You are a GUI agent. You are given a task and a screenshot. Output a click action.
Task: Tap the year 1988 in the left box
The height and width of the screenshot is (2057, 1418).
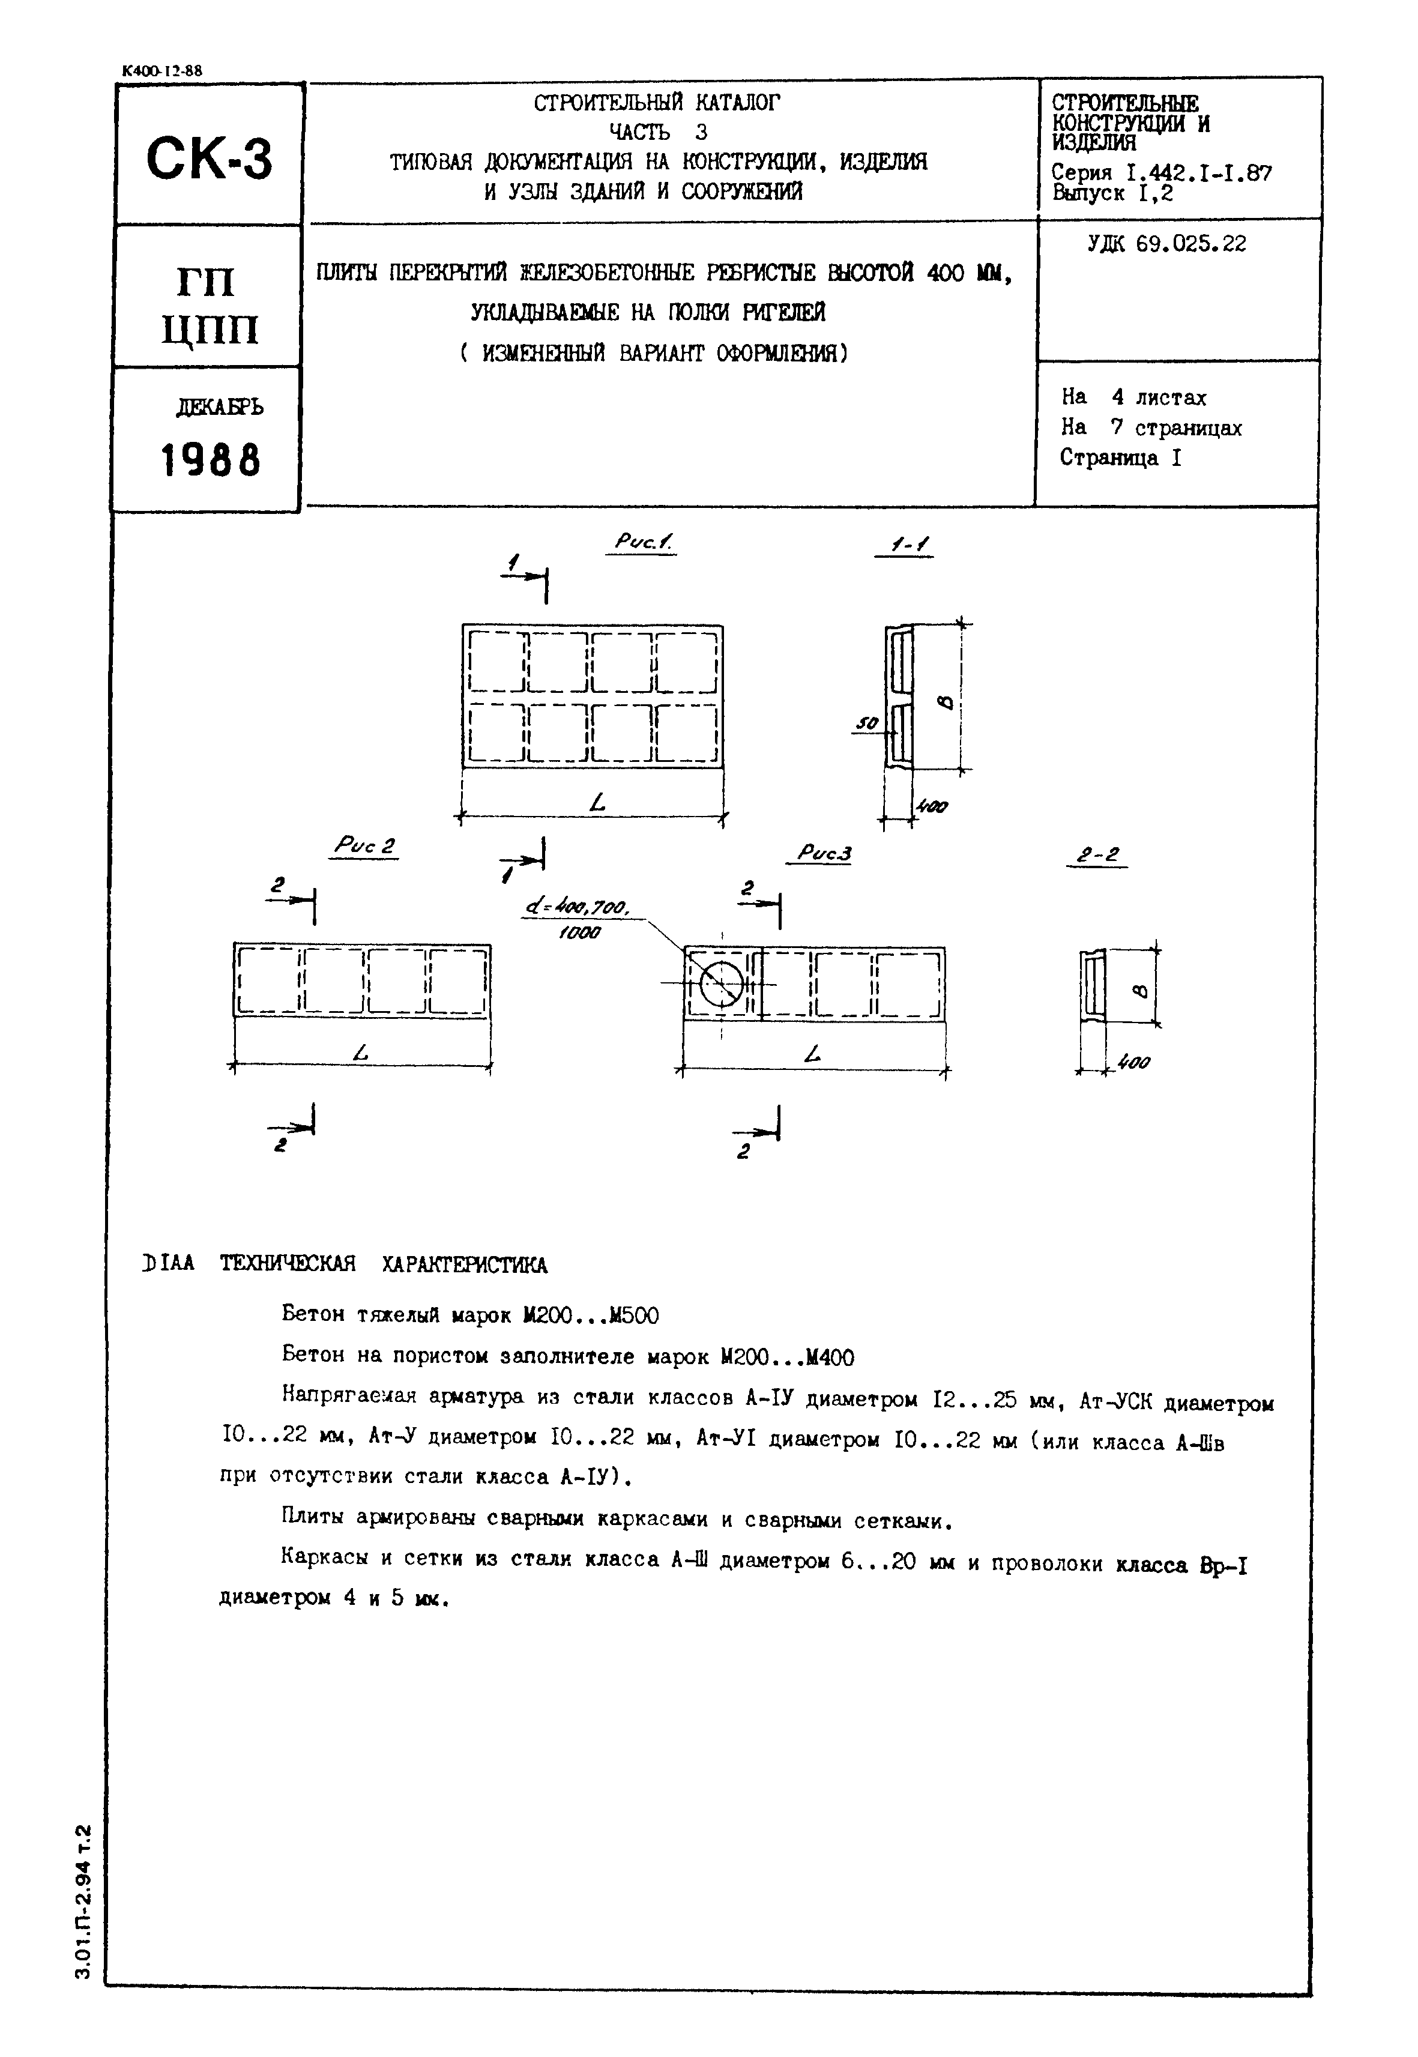211,461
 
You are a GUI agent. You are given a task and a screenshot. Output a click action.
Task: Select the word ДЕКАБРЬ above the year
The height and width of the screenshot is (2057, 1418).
220,407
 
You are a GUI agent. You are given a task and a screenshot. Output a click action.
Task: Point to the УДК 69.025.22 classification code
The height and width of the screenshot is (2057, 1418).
1166,244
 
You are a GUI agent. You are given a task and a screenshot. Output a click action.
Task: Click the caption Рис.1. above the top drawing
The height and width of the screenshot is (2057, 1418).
642,542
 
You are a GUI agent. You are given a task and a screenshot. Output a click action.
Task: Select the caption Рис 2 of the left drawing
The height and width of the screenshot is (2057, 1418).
364,846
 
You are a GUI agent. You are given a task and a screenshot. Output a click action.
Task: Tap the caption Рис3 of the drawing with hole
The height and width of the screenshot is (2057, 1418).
824,854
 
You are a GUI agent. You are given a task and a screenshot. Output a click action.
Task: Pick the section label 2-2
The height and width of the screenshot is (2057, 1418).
1097,855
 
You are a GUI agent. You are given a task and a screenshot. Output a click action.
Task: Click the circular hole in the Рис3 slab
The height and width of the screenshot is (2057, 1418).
722,983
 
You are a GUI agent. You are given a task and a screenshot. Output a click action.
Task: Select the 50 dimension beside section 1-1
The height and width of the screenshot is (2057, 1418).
866,724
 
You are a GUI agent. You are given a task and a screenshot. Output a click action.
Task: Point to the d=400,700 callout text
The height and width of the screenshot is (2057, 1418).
578,908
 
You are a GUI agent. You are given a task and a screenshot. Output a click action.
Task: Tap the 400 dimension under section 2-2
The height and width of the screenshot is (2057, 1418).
1133,1063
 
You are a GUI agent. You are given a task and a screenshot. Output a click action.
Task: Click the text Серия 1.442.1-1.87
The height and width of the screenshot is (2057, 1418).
1161,174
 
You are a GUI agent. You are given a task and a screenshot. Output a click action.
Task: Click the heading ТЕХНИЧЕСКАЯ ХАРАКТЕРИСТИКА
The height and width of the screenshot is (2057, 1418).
384,1264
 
